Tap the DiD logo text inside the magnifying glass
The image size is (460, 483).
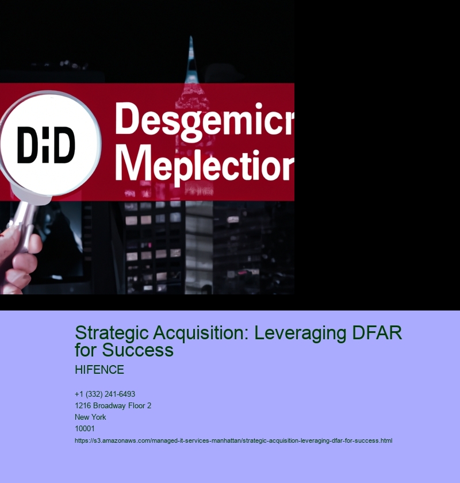click(x=46, y=145)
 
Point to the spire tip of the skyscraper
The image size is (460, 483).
click(x=191, y=37)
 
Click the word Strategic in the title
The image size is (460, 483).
click(x=112, y=333)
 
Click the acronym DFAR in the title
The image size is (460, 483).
click(x=377, y=333)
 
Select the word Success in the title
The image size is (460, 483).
click(x=137, y=350)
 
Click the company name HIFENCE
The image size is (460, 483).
click(x=99, y=370)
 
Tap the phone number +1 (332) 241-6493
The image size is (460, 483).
click(x=105, y=394)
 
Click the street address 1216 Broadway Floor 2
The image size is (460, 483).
click(x=113, y=406)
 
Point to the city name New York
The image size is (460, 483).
click(x=90, y=417)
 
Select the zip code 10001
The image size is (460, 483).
click(x=85, y=428)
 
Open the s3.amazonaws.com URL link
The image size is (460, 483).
click(x=233, y=441)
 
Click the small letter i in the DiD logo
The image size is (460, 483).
click(x=46, y=145)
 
